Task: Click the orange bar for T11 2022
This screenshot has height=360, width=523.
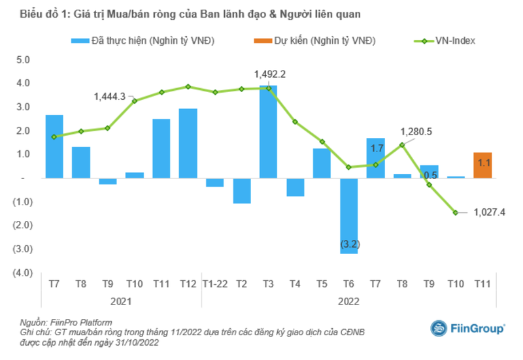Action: click(482, 165)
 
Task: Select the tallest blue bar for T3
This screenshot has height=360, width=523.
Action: click(268, 131)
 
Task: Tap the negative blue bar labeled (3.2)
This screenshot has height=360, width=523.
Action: click(348, 216)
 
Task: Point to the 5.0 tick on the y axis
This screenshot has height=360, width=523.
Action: click(24, 59)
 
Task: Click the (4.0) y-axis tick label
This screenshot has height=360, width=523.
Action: click(22, 272)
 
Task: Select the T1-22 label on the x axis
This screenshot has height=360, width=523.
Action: click(214, 284)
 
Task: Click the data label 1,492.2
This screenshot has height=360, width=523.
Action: click(269, 73)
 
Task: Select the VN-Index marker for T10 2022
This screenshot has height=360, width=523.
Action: click(456, 212)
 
